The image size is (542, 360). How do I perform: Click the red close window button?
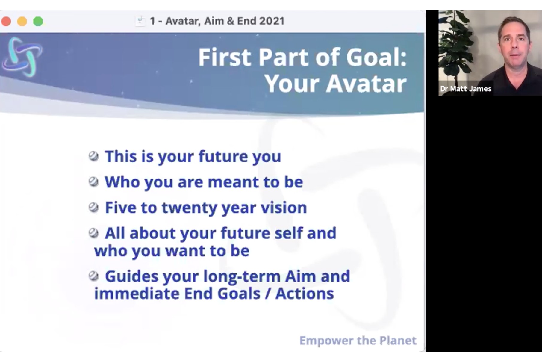(6, 21)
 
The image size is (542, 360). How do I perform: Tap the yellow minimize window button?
(22, 21)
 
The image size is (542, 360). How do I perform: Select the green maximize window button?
(38, 21)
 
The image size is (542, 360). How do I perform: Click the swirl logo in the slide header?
(22, 56)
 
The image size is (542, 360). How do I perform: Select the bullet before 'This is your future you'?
(93, 156)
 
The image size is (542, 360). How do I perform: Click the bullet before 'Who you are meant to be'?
(93, 182)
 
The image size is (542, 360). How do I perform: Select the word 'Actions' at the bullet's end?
(305, 293)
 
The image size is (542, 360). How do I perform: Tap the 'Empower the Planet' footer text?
(358, 341)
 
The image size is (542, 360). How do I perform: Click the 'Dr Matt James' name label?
(466, 89)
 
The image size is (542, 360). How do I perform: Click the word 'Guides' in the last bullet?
(131, 276)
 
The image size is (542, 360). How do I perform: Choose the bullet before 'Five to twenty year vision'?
(93, 207)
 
